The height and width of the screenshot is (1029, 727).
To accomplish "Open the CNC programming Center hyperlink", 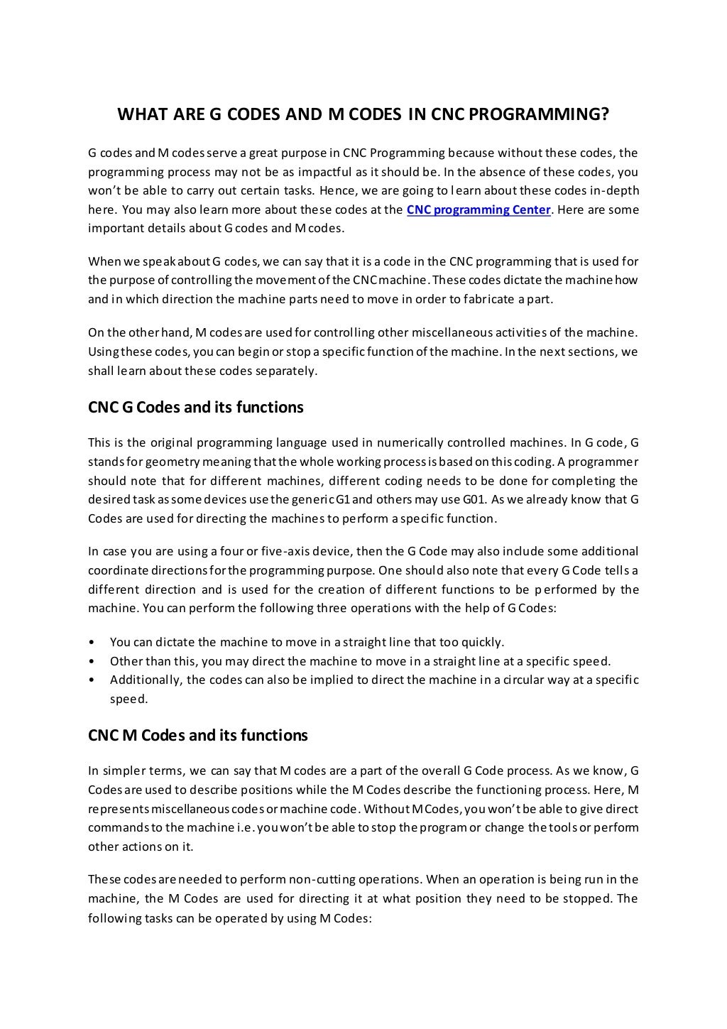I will pos(479,209).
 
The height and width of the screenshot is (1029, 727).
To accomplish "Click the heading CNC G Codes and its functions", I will pos(195,408).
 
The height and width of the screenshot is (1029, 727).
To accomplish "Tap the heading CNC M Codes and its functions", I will pos(197,736).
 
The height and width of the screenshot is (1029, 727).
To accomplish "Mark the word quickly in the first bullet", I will pos(482,643).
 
